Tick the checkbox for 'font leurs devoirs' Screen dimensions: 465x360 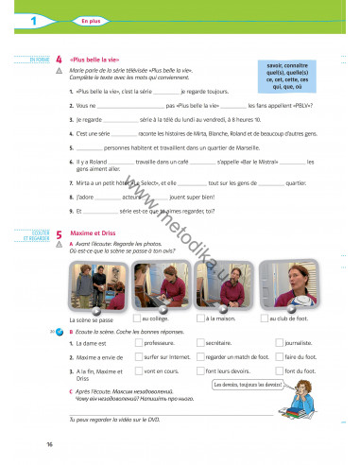(x=200, y=371)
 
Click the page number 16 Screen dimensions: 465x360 (x=49, y=443)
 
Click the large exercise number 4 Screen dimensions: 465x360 (x=60, y=59)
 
